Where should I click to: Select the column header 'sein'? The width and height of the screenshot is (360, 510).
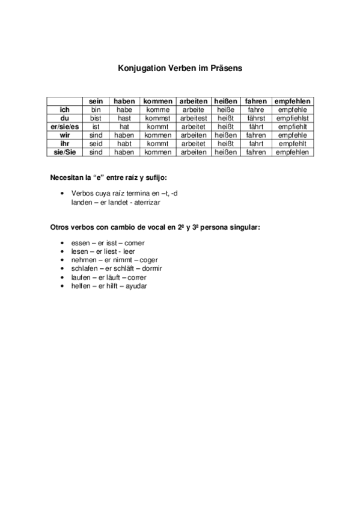[x=96, y=102]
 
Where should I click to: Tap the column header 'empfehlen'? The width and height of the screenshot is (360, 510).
[x=293, y=102]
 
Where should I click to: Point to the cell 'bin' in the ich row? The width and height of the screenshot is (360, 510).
[x=96, y=110]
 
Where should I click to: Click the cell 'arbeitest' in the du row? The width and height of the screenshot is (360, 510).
[x=193, y=118]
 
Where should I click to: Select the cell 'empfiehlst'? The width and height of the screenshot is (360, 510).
[x=293, y=118]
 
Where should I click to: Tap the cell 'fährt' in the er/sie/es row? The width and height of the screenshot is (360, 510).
[x=255, y=127]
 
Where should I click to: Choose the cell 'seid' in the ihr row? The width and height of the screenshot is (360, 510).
[x=96, y=144]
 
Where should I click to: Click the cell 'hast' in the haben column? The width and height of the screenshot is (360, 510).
[x=124, y=118]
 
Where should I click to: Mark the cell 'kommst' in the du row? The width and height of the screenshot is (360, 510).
[x=157, y=118]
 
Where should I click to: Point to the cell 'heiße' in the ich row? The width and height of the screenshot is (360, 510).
[x=225, y=110]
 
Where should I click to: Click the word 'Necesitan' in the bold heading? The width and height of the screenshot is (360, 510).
[x=66, y=177]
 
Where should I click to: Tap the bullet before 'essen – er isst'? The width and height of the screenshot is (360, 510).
[x=63, y=242]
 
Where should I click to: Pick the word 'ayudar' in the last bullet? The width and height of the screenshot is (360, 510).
[x=136, y=286]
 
